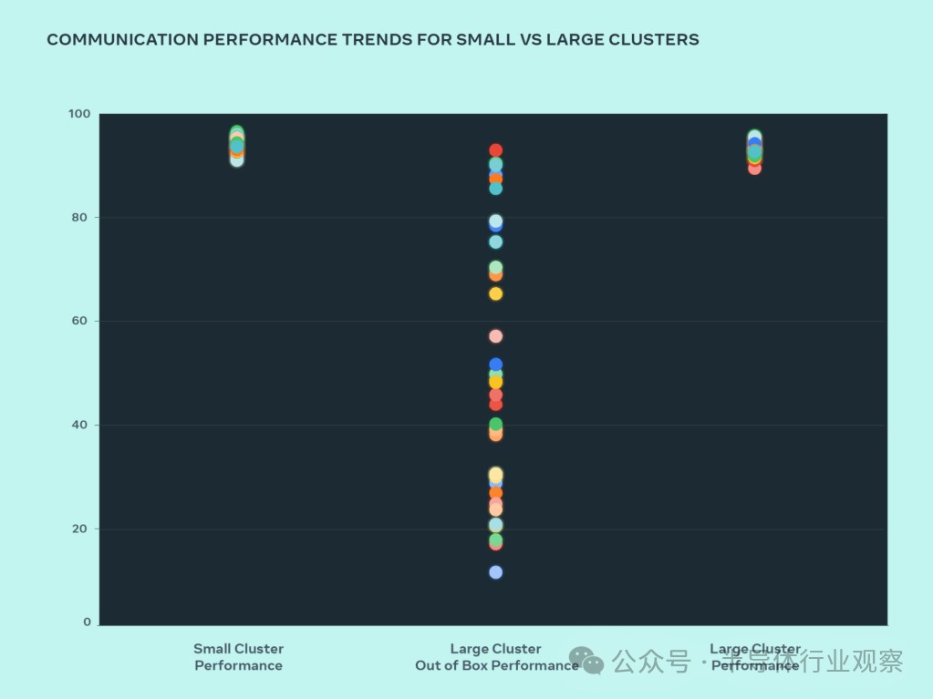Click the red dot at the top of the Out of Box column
coord(495,150)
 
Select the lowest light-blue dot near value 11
coord(495,572)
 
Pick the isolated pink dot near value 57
coord(495,336)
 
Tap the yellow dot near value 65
coord(495,293)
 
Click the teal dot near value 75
coord(495,242)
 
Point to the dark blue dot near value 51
coord(495,365)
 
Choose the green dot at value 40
coord(495,424)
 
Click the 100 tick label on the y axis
coord(79,114)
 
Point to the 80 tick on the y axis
coord(82,217)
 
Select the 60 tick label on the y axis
coord(82,321)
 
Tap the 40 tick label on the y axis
coord(82,425)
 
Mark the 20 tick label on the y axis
coord(82,529)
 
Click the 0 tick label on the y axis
coord(88,622)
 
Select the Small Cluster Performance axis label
coord(238,657)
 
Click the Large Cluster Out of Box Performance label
coord(496,657)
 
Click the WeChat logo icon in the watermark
coord(586,661)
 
